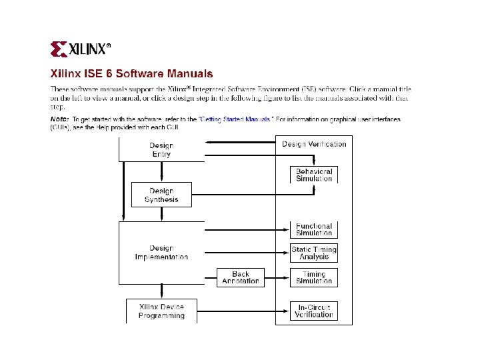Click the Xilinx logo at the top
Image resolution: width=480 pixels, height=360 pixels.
[x=81, y=49]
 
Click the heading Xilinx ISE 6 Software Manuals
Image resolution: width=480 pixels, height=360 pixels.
[x=132, y=74]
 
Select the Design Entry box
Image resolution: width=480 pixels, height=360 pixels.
[x=161, y=149]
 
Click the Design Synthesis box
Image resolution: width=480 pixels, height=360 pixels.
[x=161, y=195]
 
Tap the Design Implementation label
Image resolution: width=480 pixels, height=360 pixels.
[x=161, y=253]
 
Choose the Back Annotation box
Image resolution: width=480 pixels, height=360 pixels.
[x=241, y=277]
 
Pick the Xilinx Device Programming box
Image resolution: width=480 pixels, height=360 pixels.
[x=161, y=311]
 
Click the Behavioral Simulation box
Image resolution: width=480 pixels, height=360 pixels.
[x=314, y=175]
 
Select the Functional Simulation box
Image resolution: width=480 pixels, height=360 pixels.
[x=314, y=229]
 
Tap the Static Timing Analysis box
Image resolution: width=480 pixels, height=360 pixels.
[x=314, y=253]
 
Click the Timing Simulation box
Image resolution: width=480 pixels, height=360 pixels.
[x=314, y=277]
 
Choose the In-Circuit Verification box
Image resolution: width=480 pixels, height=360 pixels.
[x=314, y=311]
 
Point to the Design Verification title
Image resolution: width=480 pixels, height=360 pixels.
[x=314, y=144]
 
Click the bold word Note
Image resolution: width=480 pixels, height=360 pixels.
[x=59, y=119]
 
